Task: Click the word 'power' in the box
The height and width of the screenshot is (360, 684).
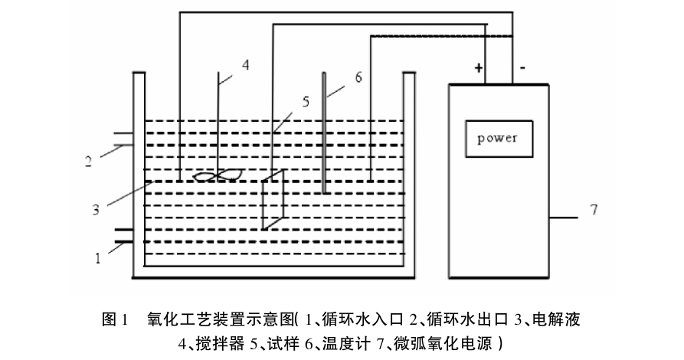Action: tap(497, 139)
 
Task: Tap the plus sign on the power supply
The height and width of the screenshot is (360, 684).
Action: tap(479, 70)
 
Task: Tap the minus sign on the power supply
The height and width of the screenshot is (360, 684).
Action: tap(522, 69)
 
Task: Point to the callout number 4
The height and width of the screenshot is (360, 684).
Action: tap(245, 64)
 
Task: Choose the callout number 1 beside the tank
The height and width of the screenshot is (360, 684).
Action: tap(97, 258)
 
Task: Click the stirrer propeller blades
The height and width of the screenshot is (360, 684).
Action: tap(218, 176)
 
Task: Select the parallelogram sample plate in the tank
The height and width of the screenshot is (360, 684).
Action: tap(273, 201)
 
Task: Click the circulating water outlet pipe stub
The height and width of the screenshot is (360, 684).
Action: tap(123, 139)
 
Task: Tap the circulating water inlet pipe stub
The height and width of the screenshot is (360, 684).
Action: tap(123, 237)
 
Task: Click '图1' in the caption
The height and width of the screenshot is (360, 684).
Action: tap(113, 318)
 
